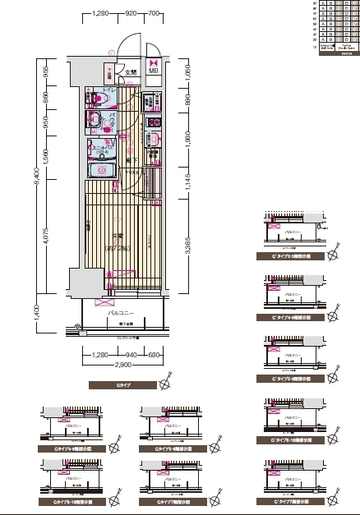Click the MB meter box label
(154, 71)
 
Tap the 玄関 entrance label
(130, 74)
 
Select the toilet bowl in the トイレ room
(101, 99)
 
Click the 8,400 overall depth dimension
(35, 190)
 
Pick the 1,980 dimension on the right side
(188, 145)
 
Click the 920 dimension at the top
(131, 14)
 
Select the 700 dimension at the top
(154, 14)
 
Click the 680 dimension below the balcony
(153, 354)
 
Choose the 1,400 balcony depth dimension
(35, 311)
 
